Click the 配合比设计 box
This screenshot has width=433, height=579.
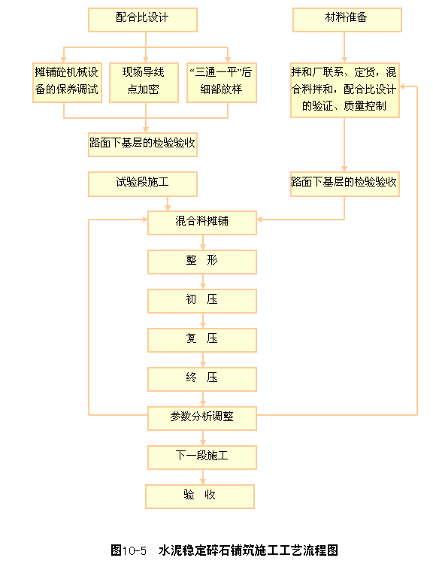[143, 20]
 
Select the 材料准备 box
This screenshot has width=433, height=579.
[347, 20]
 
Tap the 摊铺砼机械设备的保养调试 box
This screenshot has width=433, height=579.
[67, 83]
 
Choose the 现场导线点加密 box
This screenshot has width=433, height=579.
[144, 83]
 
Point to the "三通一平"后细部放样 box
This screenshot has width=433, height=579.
[222, 83]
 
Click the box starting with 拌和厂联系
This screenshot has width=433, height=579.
[345, 90]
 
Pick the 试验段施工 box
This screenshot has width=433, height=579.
[143, 184]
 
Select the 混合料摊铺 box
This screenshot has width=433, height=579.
[202, 223]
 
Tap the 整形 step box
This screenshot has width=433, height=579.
[202, 262]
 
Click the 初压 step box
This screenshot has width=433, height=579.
[202, 301]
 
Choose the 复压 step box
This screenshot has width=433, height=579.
[202, 340]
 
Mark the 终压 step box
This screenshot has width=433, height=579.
[202, 379]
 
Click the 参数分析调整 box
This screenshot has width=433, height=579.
[202, 418]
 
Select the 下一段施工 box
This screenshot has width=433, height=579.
[202, 457]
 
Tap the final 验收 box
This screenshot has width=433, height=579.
[200, 496]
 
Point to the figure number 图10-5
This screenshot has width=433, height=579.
[129, 550]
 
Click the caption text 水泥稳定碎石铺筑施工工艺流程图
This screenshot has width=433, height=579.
[248, 550]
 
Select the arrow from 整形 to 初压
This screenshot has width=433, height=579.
[203, 281]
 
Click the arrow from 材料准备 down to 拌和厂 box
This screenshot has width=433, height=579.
[344, 47]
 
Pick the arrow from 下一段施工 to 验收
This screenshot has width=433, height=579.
[203, 477]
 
